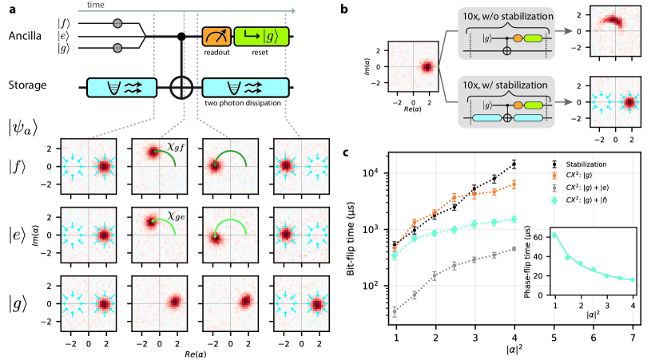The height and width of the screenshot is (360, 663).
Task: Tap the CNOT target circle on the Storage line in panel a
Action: click(x=183, y=85)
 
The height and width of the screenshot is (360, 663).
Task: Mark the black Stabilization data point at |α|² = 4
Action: click(x=514, y=164)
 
